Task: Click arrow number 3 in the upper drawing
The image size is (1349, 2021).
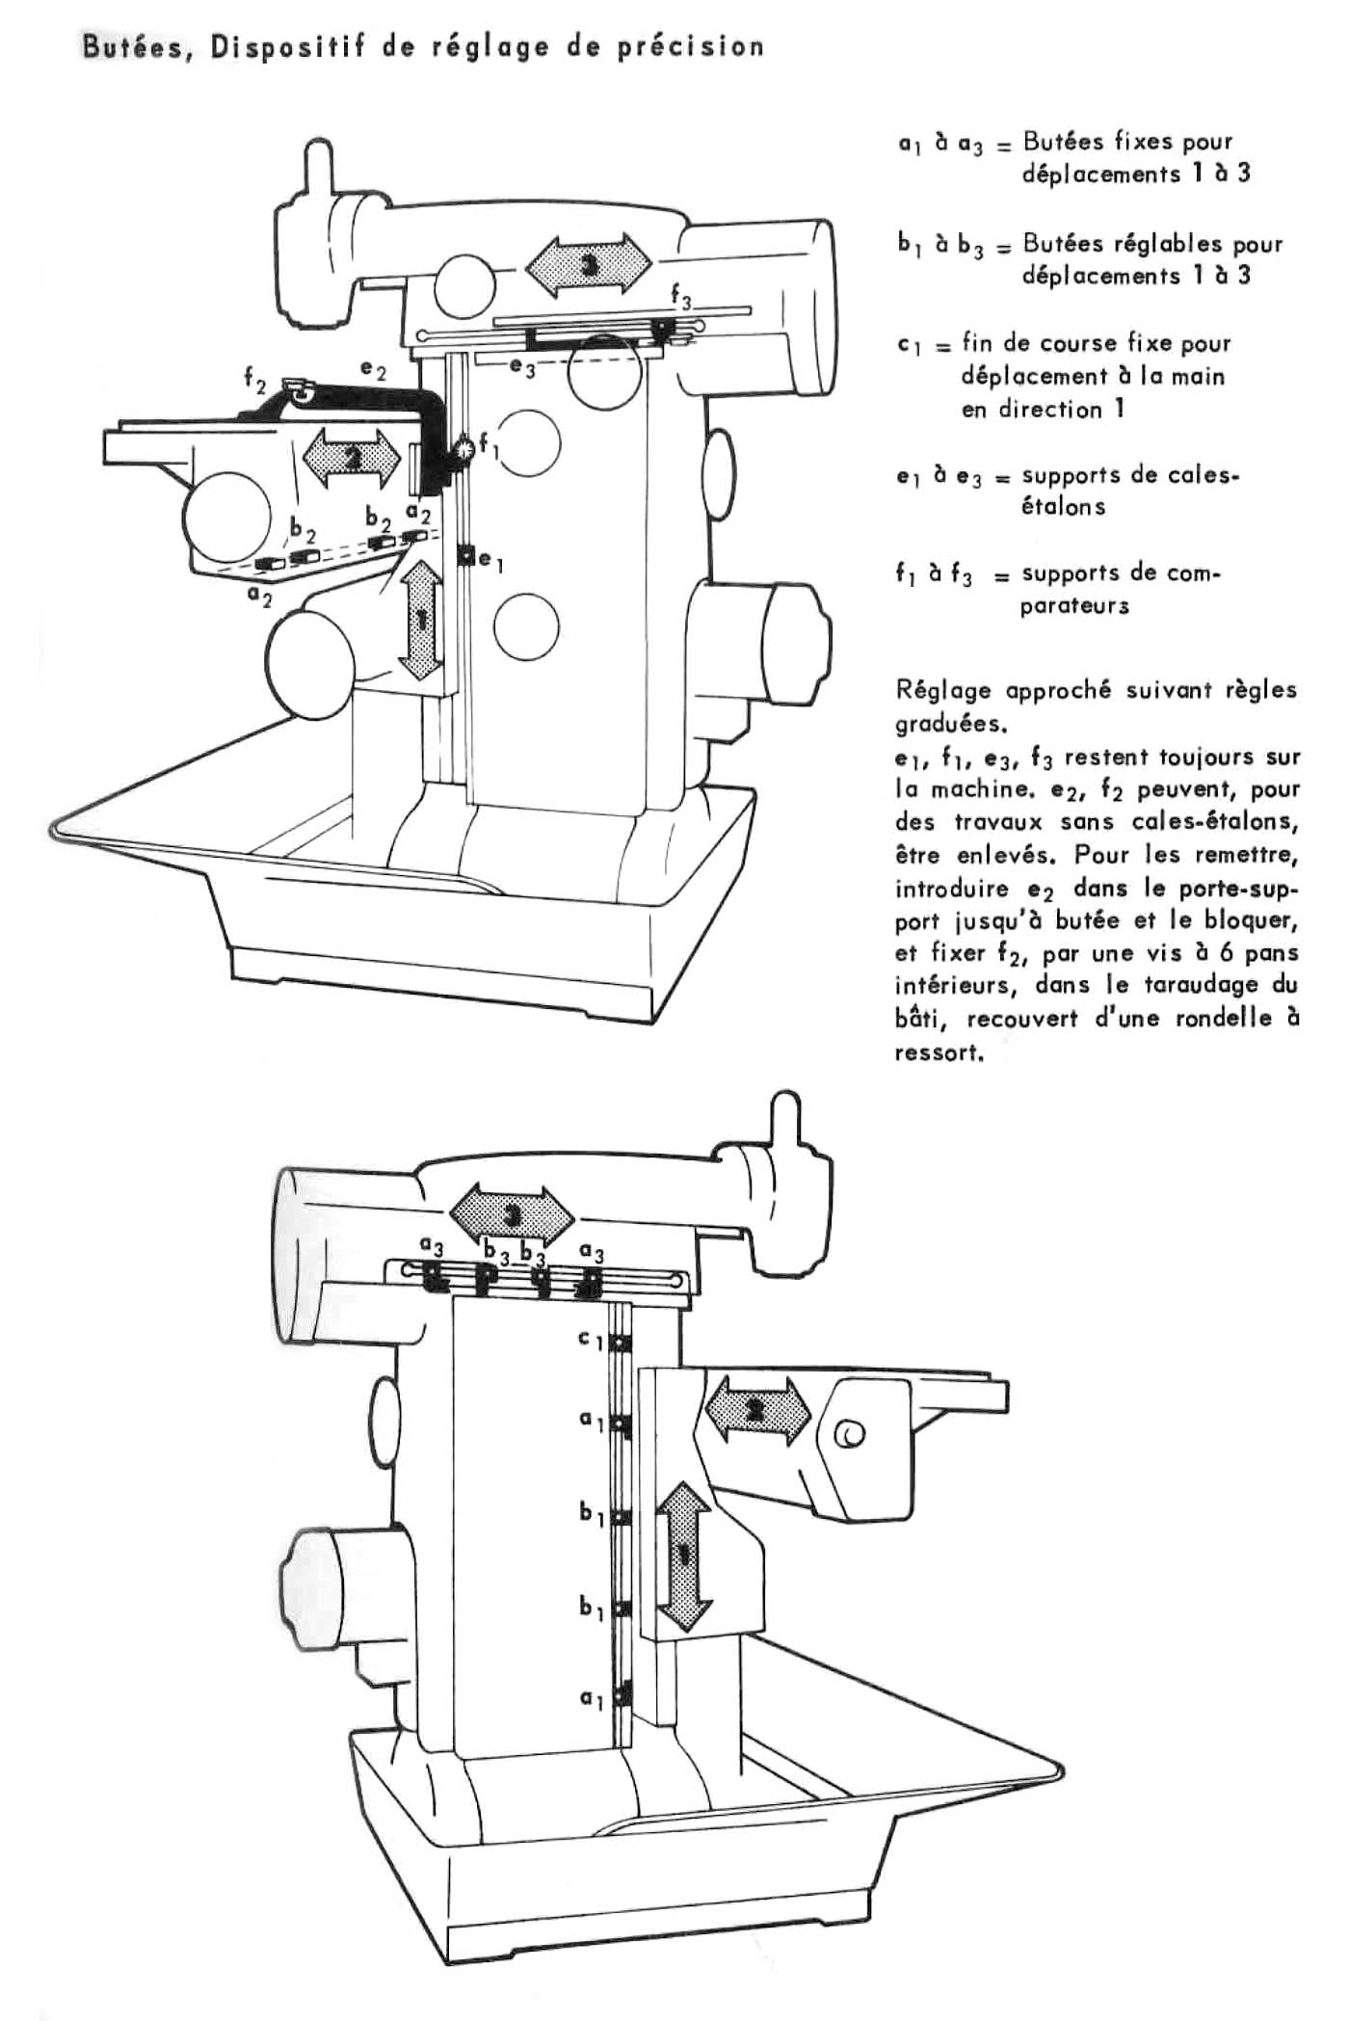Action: [588, 262]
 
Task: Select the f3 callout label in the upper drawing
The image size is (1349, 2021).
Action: [681, 302]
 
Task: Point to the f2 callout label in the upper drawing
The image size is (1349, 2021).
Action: [255, 382]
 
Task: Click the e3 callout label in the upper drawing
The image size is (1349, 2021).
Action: [522, 367]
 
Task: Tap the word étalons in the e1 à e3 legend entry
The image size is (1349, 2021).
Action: [1064, 507]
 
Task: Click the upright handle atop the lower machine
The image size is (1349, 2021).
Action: [786, 1122]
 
